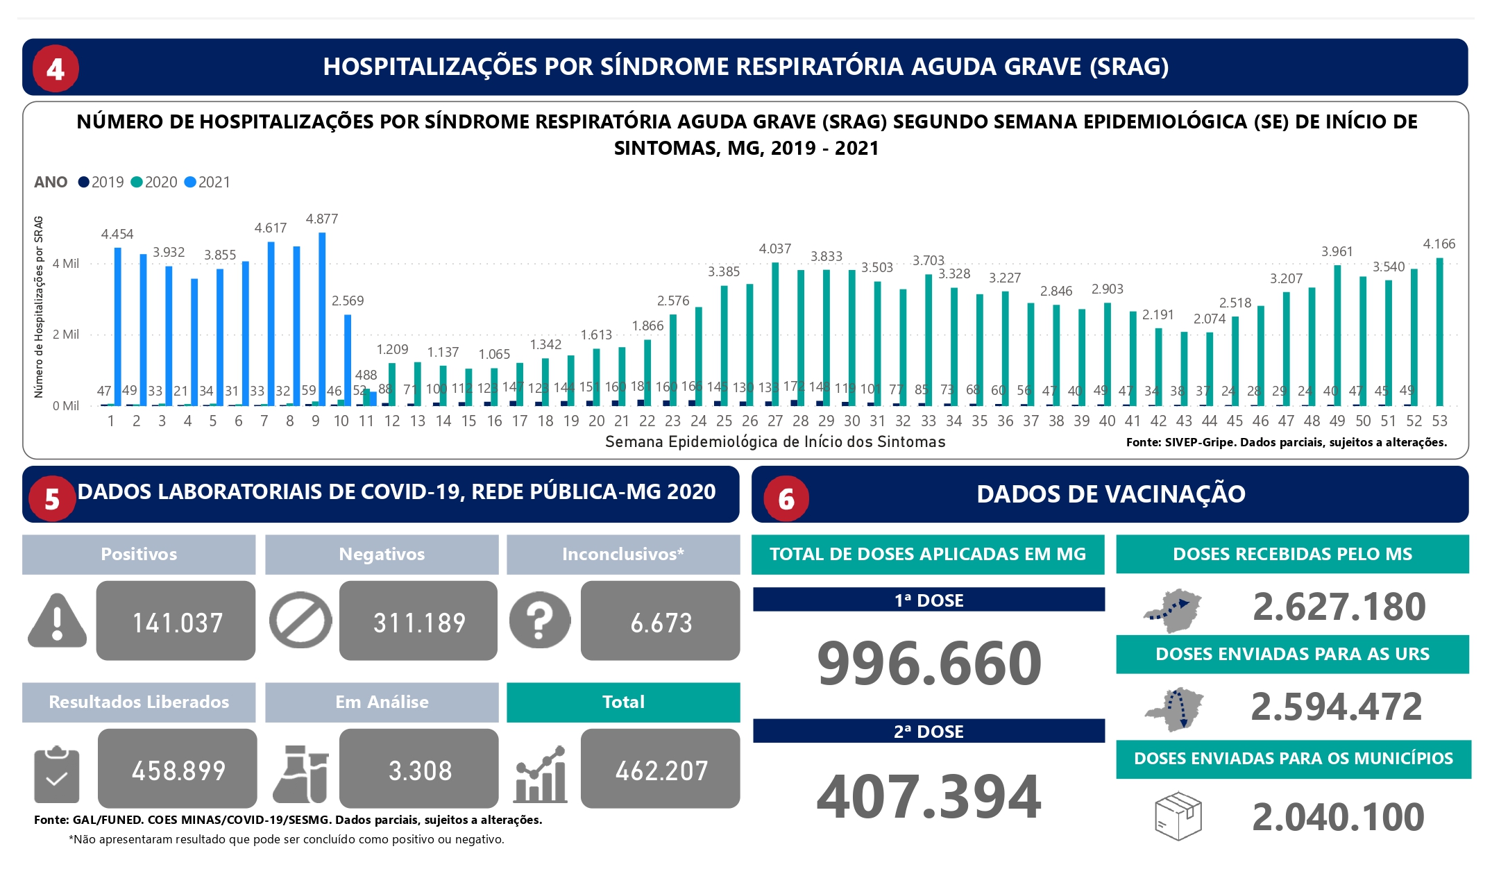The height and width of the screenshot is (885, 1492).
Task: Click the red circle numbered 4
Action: [x=56, y=69]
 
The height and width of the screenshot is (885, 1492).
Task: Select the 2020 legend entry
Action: [x=154, y=183]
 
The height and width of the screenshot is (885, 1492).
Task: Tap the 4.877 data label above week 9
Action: [x=322, y=219]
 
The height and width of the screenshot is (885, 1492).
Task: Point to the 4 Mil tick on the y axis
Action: [x=66, y=264]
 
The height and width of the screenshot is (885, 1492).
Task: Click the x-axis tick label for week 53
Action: [x=1440, y=421]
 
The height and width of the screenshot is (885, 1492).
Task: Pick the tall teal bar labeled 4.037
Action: [x=775, y=333]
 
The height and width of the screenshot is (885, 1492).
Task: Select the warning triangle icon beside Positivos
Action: [x=58, y=620]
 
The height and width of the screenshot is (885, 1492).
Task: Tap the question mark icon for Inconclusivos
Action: [x=540, y=620]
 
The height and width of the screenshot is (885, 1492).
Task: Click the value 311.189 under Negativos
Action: [x=419, y=623]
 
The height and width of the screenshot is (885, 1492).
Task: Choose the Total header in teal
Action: [x=623, y=702]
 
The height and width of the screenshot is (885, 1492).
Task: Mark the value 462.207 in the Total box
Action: [x=661, y=770]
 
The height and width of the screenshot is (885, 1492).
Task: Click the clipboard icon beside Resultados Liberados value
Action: [x=56, y=775]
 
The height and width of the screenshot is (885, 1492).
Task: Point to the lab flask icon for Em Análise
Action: [x=300, y=774]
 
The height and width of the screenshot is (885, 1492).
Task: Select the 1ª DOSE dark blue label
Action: [x=929, y=600]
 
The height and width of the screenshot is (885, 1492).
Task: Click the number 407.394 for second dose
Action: [x=929, y=797]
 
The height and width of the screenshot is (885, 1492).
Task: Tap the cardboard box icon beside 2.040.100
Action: [x=1178, y=816]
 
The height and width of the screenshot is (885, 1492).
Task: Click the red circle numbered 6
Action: [x=786, y=498]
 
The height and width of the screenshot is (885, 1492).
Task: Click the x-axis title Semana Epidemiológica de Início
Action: [x=775, y=442]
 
